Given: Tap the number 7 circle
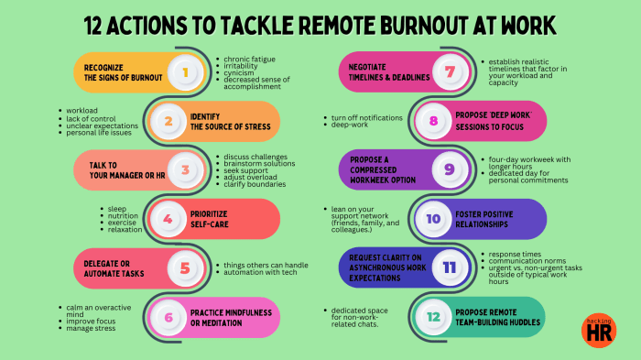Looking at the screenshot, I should (450, 71).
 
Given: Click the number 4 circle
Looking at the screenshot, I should (167, 219).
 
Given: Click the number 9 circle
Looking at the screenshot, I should (449, 169).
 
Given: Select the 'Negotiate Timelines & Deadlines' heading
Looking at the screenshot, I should (386, 71).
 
